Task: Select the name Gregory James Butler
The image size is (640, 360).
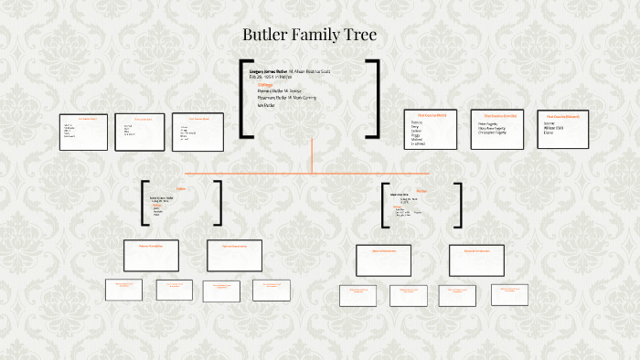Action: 269,70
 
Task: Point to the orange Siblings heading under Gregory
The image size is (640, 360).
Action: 266,85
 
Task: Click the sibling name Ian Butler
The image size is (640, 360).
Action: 267,106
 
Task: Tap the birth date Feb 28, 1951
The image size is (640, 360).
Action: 263,78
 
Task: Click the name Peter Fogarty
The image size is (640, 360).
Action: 489,123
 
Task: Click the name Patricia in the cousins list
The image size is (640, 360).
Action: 417,122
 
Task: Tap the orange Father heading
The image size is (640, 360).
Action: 181,188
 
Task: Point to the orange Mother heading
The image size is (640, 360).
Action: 421,190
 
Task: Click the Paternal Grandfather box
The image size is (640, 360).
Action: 151,255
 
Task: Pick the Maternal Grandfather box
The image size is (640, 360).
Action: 383,259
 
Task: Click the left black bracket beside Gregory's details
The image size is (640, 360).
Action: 244,100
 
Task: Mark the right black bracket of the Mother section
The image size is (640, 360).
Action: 458,205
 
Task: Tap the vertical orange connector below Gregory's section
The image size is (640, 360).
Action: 312,155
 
